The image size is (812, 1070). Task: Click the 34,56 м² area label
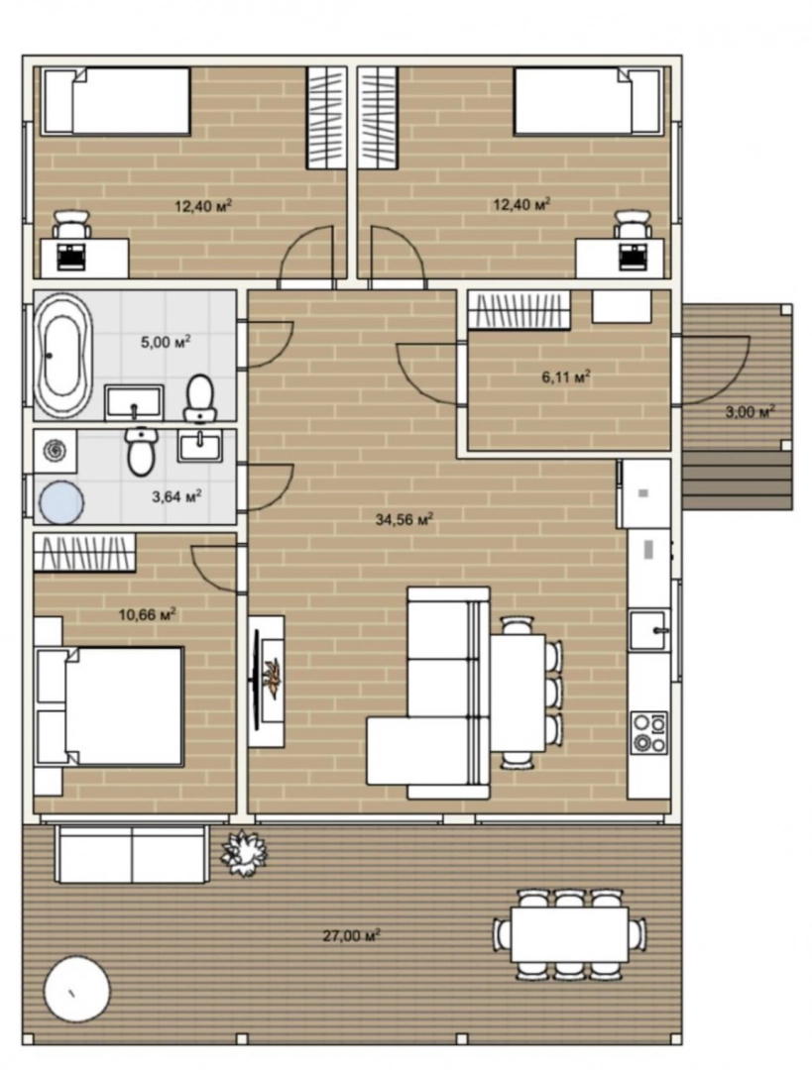tap(405, 520)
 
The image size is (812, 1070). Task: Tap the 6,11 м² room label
tap(566, 376)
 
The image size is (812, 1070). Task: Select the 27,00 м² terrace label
tap(351, 935)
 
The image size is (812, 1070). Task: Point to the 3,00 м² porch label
tap(750, 411)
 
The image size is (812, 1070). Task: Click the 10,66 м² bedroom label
tap(147, 615)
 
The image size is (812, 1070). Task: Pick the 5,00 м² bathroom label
tap(166, 342)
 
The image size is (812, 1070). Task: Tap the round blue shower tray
tap(61, 502)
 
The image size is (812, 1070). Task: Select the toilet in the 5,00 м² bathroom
tap(200, 398)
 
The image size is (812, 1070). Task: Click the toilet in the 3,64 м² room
tap(141, 451)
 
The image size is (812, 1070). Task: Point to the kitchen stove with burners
tap(648, 733)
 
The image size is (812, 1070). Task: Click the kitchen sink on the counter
tap(648, 630)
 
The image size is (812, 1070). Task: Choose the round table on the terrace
tap(76, 990)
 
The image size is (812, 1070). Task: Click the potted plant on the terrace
tap(243, 852)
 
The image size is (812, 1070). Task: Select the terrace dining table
tap(569, 934)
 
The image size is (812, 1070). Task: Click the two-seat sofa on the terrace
tap(133, 854)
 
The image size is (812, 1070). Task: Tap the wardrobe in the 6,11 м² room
tap(519, 310)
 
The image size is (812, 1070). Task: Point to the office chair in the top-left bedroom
tap(71, 224)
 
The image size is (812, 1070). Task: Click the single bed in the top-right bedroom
tap(588, 101)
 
